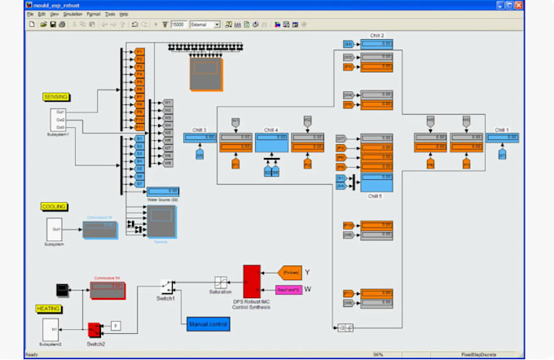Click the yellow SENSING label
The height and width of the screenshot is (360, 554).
click(55, 97)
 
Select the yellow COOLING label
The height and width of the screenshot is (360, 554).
click(54, 207)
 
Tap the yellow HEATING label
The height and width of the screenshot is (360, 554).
click(48, 309)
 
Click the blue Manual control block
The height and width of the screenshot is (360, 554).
click(208, 324)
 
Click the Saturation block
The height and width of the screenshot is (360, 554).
click(220, 282)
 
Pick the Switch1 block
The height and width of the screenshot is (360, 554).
click(166, 287)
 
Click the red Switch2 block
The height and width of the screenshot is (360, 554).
click(95, 328)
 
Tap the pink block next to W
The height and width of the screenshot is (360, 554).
click(289, 290)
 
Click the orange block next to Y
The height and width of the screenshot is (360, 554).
click(289, 272)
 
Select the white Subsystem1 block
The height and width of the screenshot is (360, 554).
click(59, 119)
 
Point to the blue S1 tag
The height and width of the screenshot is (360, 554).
click(139, 139)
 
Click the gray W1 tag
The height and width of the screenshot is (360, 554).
click(168, 103)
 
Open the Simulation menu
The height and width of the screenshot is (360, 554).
click(73, 14)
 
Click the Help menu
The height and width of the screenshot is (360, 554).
click(124, 14)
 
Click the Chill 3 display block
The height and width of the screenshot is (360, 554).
click(200, 138)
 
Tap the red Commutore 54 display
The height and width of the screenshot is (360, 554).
click(108, 288)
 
